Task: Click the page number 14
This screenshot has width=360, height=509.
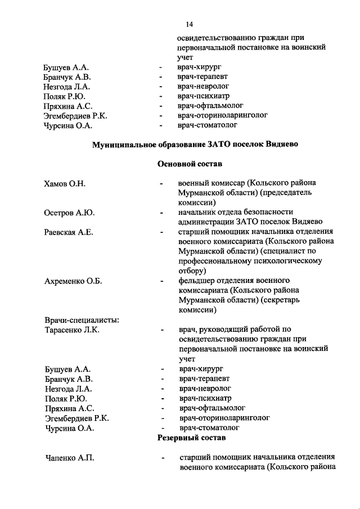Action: pos(188,24)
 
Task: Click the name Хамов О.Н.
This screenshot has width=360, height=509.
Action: pos(65,183)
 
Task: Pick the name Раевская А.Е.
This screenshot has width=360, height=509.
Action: pos(69,232)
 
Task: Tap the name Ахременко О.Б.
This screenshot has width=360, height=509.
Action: pos(73,281)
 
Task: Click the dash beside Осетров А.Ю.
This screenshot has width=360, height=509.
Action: pos(161,213)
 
